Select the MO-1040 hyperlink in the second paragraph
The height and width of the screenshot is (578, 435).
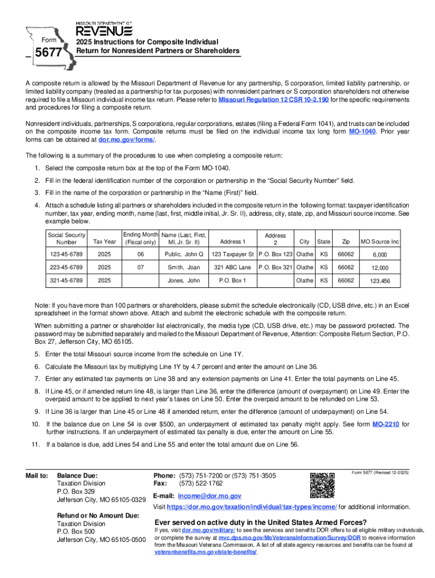363,131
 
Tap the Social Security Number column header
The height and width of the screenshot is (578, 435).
67,238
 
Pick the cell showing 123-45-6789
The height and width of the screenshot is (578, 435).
67,253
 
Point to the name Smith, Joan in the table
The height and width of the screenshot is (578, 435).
184,267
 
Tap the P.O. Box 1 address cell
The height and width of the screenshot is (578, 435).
232,281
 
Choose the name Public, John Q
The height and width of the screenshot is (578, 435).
184,253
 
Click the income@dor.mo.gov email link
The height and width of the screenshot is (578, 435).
210,496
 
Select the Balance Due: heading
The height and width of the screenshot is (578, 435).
77,475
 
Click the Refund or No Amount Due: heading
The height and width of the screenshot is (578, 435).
98,515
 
